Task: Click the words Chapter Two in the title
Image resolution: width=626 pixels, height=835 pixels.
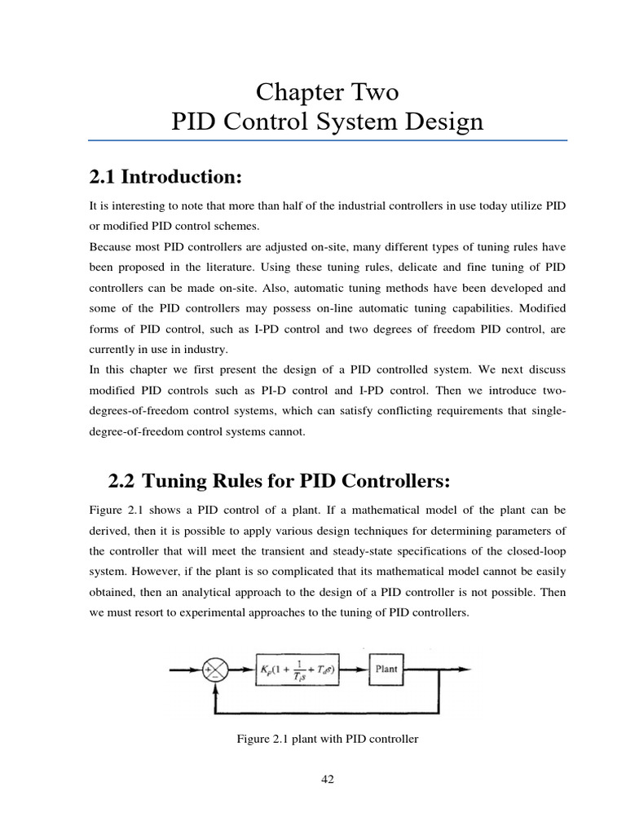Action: click(327, 92)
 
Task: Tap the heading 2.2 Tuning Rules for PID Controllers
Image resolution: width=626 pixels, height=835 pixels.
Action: click(279, 482)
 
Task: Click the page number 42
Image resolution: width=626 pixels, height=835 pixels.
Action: click(327, 779)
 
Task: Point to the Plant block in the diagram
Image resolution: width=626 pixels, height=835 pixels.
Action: click(386, 669)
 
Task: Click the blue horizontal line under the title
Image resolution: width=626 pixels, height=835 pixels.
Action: click(327, 140)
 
